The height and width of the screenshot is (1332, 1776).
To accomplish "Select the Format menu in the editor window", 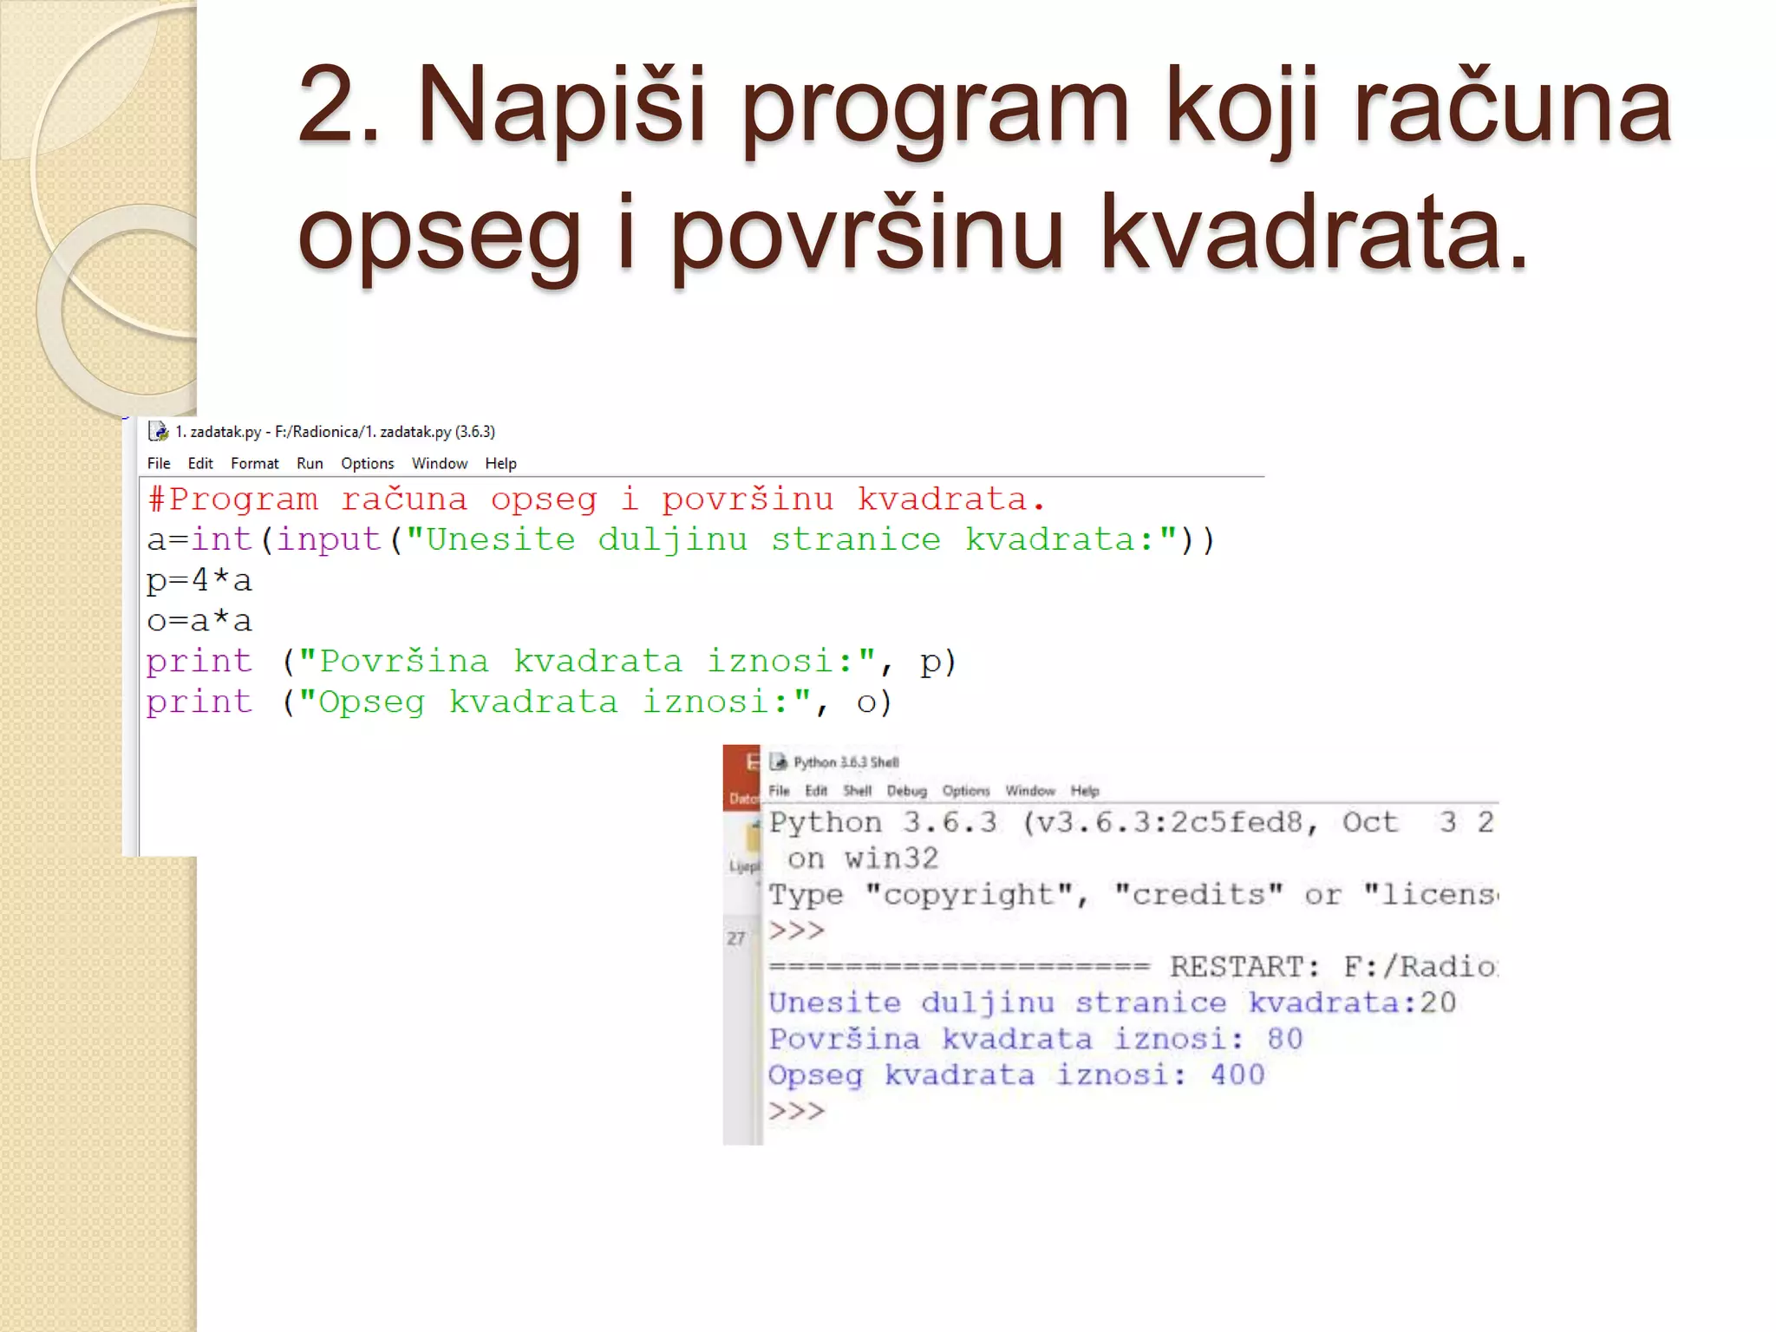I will pos(254,464).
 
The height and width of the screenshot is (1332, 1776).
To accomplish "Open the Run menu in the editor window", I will pos(310,464).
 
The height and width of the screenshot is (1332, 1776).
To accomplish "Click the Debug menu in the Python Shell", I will pos(906,791).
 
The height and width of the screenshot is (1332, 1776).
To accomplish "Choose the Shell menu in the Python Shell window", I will pos(857,791).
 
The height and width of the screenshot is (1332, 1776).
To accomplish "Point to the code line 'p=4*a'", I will pos(199,580).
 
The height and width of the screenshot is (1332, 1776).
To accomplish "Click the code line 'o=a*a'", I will pos(199,621).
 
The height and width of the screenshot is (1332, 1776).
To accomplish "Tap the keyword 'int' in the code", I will pos(221,539).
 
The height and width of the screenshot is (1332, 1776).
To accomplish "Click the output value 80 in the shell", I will pos(1284,1039).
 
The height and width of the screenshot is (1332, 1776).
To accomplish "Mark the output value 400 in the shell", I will pos(1237,1075).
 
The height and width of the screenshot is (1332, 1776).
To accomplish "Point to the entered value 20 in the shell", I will pos(1438,1003).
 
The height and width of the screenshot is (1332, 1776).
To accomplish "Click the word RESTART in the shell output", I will pos(1244,967).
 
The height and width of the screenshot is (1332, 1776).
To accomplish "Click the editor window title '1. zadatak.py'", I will pos(218,432).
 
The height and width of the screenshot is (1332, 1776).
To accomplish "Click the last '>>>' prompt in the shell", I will pos(796,1111).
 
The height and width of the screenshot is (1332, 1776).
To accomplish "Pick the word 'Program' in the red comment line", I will pos(244,499).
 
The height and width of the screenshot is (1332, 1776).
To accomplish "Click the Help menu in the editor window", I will pos(500,464).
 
